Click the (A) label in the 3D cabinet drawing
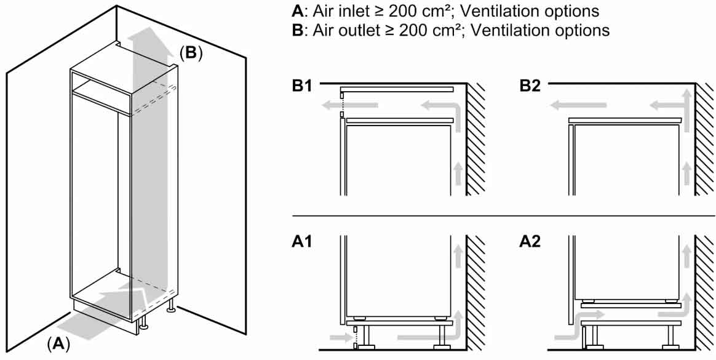[58, 343]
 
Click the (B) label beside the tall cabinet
[191, 53]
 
